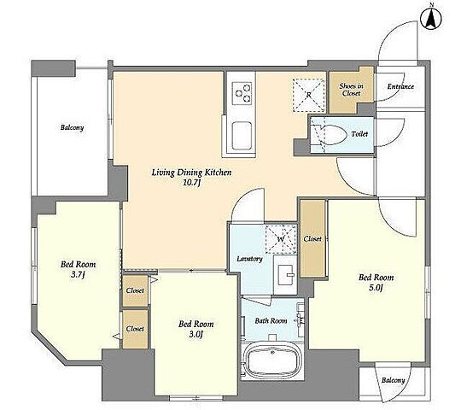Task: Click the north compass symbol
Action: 431,20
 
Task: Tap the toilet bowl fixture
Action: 329,135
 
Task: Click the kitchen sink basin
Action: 242,136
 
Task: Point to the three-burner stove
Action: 242,93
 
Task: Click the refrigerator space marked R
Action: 309,95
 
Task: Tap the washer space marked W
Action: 281,239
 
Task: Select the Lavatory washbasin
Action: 286,275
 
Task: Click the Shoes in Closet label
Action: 352,90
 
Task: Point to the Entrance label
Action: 400,86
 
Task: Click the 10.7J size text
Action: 192,183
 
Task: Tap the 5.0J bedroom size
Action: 376,288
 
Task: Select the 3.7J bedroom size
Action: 78,275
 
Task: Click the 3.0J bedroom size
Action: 195,335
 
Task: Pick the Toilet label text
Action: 359,134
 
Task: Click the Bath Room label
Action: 271,320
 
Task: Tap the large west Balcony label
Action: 72,127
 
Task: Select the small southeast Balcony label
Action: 393,380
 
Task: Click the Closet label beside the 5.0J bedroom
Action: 312,239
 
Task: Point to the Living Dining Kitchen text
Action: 192,173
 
